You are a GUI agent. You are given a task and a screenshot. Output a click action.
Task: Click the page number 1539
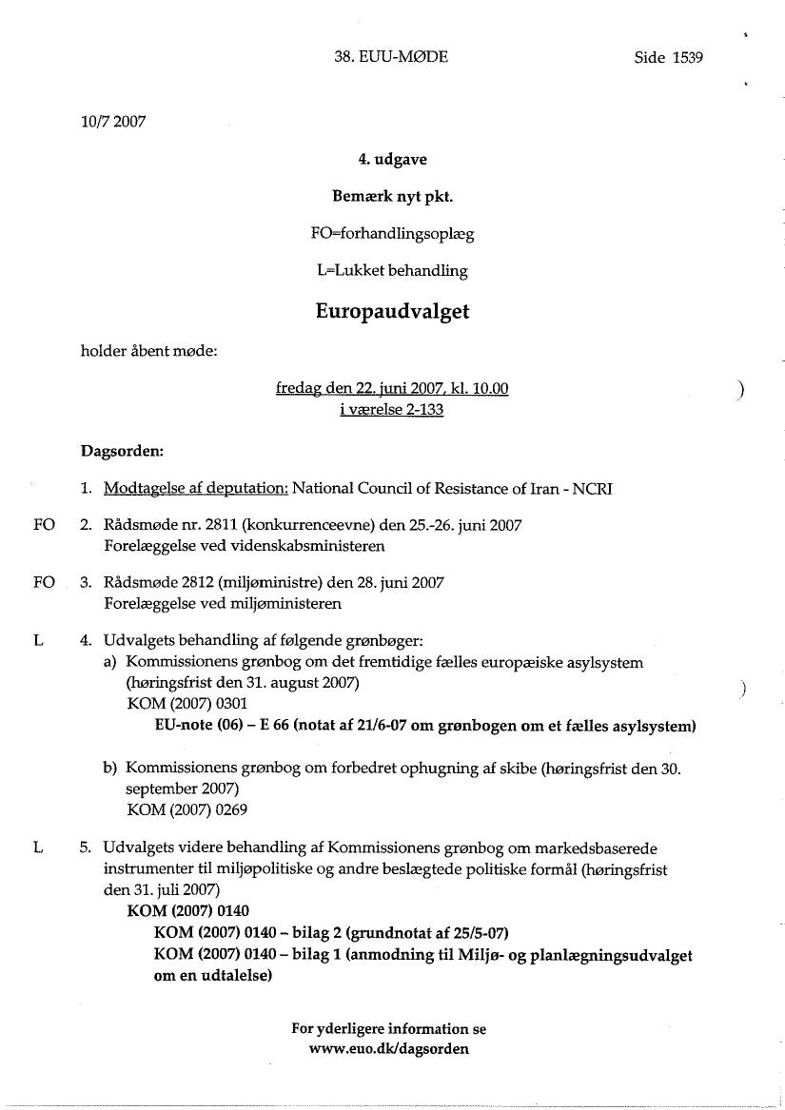pos(687,57)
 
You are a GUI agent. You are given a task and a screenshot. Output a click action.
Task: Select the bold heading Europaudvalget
pos(392,312)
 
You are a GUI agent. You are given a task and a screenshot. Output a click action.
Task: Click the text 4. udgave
pos(392,160)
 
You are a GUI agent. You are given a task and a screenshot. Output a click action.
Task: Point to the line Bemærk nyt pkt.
pos(392,197)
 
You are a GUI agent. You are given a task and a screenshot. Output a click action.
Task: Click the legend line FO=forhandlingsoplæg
pos(392,233)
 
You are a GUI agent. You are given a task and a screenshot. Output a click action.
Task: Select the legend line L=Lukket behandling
pos(392,270)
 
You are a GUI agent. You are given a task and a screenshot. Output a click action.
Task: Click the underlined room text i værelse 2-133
pos(391,410)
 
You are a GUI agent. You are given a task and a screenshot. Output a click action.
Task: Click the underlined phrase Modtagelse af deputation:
pos(196,489)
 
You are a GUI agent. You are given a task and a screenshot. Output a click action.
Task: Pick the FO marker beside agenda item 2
pos(44,526)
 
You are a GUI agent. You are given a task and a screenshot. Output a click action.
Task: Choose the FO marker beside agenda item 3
pos(44,582)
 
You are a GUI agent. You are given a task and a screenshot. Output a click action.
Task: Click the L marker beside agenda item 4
pos(37,640)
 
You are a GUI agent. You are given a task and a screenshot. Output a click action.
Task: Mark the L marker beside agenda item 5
pos(37,847)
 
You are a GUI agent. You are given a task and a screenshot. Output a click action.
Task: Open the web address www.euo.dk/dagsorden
pos(389,1050)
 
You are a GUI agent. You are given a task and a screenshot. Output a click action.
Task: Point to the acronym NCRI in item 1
pos(592,489)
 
